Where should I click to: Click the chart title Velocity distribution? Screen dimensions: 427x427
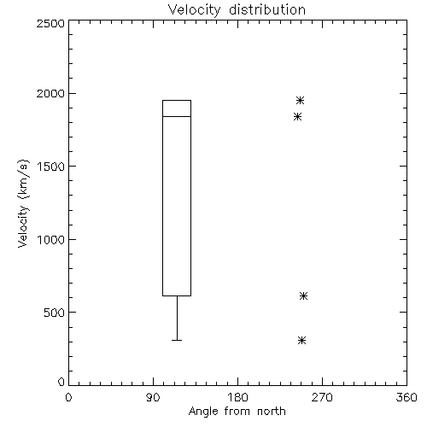(x=237, y=9)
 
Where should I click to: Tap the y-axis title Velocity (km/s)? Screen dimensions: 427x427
(x=23, y=203)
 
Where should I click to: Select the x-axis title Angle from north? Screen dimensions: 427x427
(x=237, y=411)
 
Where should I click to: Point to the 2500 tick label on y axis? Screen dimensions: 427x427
(x=50, y=23)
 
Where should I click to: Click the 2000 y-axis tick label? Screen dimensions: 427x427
(x=50, y=93)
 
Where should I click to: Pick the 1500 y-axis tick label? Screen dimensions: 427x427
(x=51, y=167)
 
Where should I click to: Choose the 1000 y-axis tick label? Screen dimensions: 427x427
(x=51, y=239)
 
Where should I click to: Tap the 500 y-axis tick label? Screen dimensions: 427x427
(x=55, y=313)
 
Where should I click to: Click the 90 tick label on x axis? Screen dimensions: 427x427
(x=153, y=397)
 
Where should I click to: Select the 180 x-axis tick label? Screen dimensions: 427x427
(x=237, y=397)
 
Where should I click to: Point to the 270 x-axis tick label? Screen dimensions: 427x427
(x=322, y=397)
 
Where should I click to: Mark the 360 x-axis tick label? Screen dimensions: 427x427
(x=407, y=397)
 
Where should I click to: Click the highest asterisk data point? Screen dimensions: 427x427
(x=300, y=100)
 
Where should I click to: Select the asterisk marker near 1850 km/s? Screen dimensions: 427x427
(x=297, y=116)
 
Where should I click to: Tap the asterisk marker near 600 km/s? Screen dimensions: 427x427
(x=303, y=295)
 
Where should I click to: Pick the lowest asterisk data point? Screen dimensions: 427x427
(x=301, y=340)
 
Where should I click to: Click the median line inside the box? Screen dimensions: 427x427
(x=177, y=116)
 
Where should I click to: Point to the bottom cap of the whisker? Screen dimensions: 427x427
(x=177, y=340)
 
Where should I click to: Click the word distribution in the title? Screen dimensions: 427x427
(x=267, y=9)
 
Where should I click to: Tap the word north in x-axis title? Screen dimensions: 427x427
(x=272, y=411)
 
